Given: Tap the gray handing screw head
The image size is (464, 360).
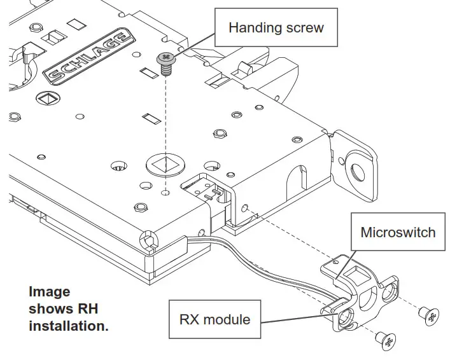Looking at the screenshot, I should pyautogui.click(x=167, y=59).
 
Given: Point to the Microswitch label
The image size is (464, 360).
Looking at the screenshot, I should pyautogui.click(x=398, y=232).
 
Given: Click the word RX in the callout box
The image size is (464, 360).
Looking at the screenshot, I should pyautogui.click(x=193, y=318).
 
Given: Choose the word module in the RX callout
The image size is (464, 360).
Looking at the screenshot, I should pyautogui.click(x=228, y=318).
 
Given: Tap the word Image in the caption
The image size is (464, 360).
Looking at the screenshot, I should pyautogui.click(x=50, y=292).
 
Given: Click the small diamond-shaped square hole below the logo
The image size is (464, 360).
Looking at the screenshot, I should pyautogui.click(x=46, y=99).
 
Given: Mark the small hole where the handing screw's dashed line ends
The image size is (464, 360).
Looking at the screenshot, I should pyautogui.click(x=165, y=191).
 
